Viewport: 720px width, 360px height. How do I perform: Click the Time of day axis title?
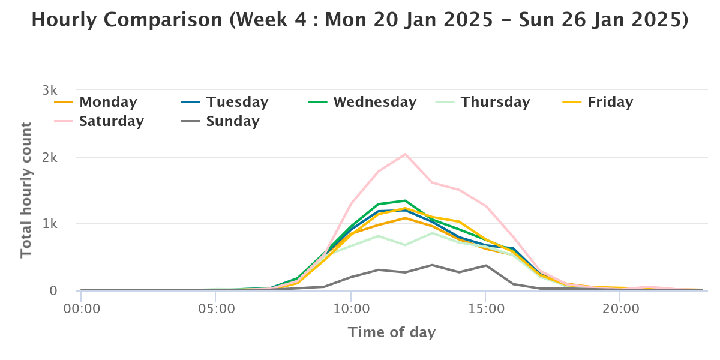coord(392,332)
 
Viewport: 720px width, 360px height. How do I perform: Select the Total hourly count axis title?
coord(26,190)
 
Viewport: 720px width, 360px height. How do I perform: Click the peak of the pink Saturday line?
coord(405,154)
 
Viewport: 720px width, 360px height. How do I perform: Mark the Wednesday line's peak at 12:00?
coord(405,200)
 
